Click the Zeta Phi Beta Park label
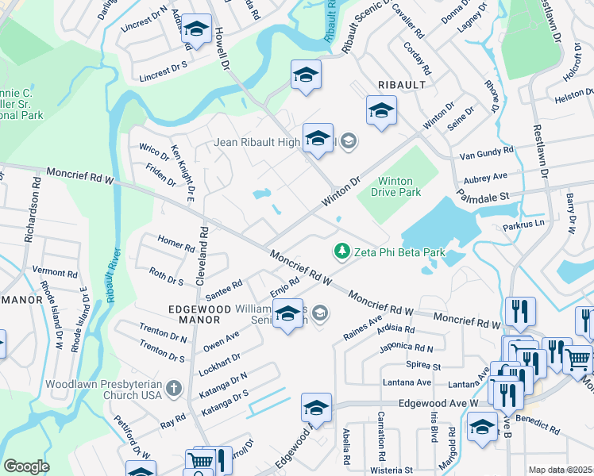coord(399,252)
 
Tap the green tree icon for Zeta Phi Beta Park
coord(342,251)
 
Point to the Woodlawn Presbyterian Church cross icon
coord(175,388)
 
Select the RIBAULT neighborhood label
coord(402,84)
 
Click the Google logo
coord(26,466)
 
